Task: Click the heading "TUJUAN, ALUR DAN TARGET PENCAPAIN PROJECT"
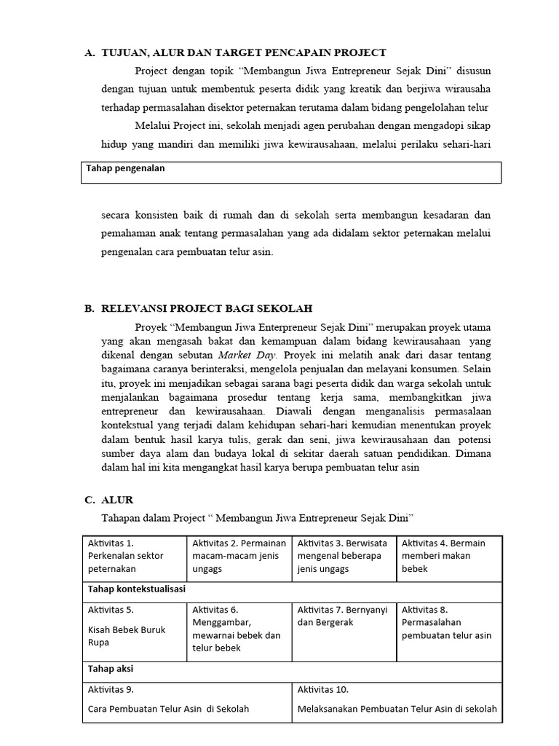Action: (x=243, y=52)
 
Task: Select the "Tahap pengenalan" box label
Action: (x=125, y=168)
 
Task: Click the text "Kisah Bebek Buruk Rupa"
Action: (x=127, y=635)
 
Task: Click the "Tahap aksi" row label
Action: (x=110, y=669)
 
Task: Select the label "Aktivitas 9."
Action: (x=111, y=688)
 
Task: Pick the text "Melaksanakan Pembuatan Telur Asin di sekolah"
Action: (x=397, y=708)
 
